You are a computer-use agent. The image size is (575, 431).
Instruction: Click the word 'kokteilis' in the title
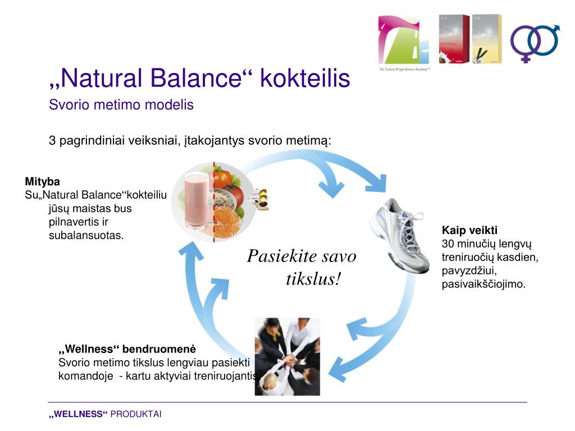pos(305,79)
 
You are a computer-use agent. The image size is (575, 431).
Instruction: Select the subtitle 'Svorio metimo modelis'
pos(121,105)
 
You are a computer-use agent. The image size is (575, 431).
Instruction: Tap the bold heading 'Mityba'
pos(42,182)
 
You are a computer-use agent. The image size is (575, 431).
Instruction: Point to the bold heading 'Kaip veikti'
pos(469,231)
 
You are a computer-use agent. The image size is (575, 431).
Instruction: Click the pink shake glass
pos(196,200)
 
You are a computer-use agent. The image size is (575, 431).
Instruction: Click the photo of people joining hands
pos(287,356)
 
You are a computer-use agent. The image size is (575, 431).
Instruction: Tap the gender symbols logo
pos(535,43)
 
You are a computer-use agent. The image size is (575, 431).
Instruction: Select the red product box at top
pos(454,39)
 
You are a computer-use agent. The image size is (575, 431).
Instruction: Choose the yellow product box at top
pos(486,39)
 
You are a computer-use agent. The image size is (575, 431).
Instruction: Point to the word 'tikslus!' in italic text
pos(313,279)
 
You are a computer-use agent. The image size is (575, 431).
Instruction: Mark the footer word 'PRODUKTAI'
pos(136,414)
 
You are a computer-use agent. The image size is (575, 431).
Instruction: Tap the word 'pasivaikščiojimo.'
pos(483,284)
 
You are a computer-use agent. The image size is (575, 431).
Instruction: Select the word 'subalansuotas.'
pos(86,235)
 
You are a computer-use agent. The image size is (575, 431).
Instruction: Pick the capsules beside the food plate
pos(260,198)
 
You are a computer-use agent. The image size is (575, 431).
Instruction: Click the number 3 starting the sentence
pos(52,140)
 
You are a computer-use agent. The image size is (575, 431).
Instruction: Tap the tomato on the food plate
pos(223,178)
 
